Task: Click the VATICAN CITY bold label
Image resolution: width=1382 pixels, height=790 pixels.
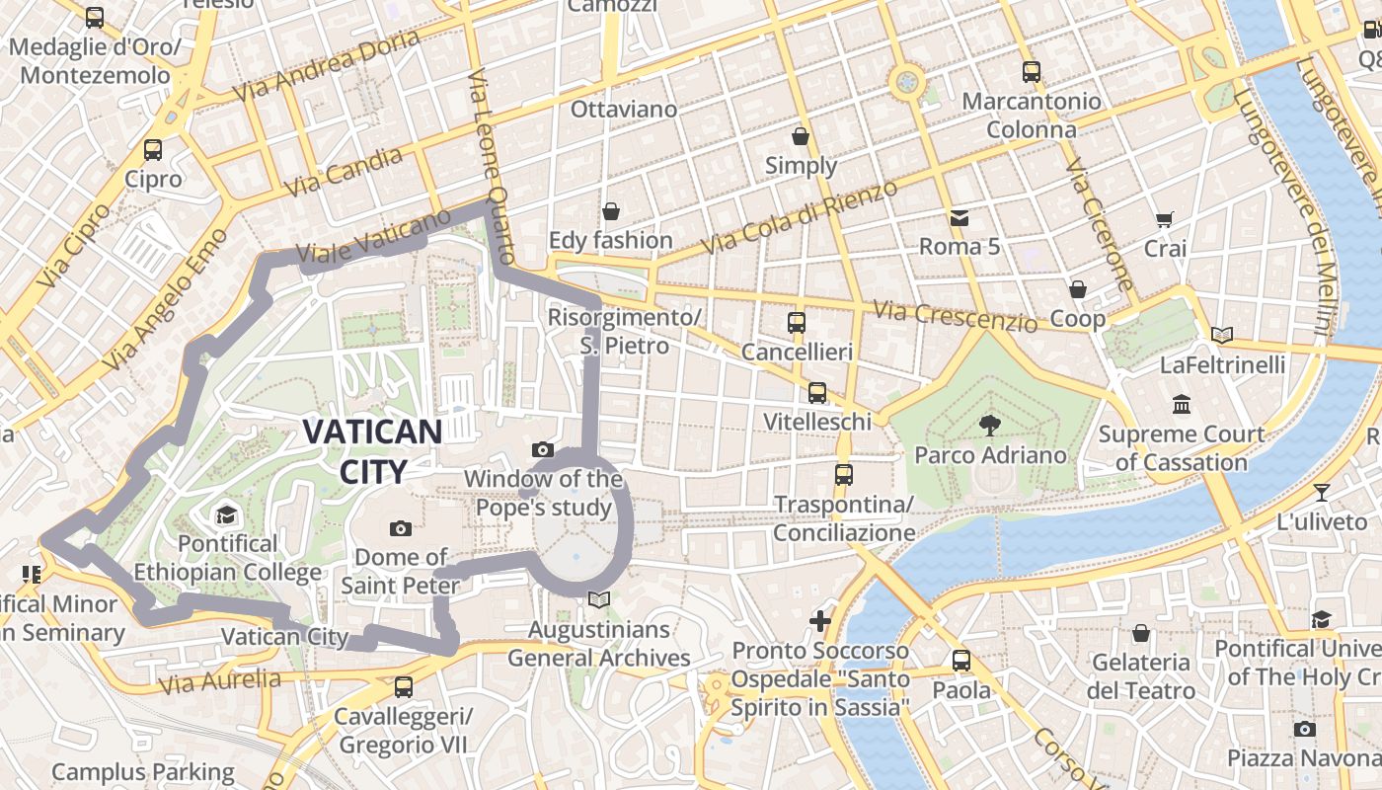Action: click(372, 451)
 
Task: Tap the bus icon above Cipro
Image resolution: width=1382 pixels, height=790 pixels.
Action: click(153, 150)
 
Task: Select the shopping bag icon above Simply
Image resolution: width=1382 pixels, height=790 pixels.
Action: click(801, 136)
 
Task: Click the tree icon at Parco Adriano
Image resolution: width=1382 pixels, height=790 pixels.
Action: click(989, 426)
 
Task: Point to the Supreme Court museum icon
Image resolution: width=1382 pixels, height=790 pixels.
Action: click(1182, 404)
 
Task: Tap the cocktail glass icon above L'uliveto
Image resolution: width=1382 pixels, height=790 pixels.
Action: click(1322, 492)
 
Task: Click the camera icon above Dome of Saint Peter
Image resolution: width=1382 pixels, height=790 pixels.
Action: click(400, 528)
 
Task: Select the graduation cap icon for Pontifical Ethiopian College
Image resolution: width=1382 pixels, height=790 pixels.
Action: click(227, 514)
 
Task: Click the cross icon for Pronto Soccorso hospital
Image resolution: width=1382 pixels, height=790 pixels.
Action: click(820, 620)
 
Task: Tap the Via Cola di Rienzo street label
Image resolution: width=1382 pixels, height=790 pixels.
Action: click(800, 216)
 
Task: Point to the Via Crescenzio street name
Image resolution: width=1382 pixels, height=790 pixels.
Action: click(956, 316)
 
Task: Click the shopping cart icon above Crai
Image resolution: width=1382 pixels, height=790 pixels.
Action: click(1165, 219)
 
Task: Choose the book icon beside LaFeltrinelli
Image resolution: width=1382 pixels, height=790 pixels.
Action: click(1222, 335)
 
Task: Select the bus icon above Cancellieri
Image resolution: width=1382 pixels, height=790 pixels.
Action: click(797, 322)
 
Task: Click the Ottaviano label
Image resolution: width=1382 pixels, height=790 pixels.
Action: click(624, 109)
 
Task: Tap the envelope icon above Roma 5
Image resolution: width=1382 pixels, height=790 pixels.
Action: click(959, 217)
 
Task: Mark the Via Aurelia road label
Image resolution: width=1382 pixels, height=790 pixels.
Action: click(218, 680)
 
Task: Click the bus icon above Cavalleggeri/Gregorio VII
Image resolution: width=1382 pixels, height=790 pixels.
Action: click(403, 686)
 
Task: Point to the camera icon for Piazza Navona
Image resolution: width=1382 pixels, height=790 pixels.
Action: click(1305, 729)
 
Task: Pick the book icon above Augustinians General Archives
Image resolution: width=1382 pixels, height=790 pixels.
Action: click(598, 598)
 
